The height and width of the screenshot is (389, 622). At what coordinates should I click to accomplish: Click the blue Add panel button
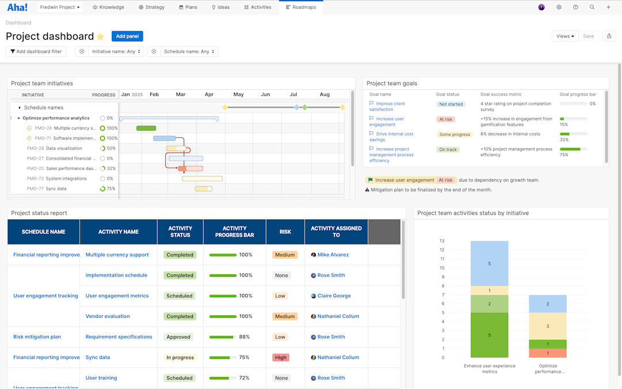[x=127, y=36]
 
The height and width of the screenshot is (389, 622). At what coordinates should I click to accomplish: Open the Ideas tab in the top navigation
[x=221, y=7]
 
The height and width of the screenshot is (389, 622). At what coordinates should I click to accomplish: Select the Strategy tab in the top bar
[x=151, y=7]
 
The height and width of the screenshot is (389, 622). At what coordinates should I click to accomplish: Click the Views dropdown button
[x=564, y=36]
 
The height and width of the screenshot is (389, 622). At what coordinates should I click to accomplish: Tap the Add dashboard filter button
[x=36, y=51]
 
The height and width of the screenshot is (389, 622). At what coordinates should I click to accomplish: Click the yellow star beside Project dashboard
[x=100, y=37]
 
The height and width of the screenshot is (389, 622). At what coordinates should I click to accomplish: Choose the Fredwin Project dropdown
[x=60, y=7]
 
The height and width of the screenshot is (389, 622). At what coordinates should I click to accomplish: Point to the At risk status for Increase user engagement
[x=445, y=119]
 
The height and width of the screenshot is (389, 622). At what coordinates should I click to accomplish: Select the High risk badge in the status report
[x=280, y=357]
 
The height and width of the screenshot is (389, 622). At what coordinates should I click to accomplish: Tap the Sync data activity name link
[x=98, y=357]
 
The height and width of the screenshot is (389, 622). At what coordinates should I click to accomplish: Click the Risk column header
[x=285, y=232]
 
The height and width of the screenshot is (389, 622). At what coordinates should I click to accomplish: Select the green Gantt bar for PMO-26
[x=146, y=128]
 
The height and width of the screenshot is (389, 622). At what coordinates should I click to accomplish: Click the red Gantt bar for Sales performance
[x=191, y=169]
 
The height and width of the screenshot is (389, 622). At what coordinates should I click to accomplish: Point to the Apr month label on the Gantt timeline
[x=209, y=95]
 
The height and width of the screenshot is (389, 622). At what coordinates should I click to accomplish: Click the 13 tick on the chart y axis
[x=442, y=241]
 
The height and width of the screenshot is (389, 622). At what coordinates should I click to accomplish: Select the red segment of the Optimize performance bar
[x=548, y=353]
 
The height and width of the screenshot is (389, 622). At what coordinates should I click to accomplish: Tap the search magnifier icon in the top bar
[x=592, y=7]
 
